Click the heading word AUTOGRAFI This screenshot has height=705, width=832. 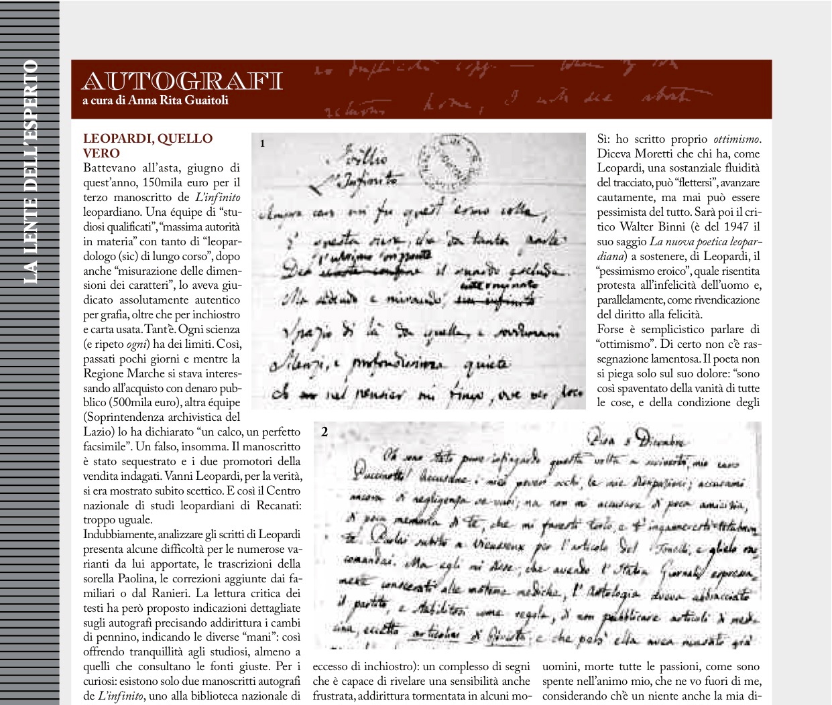point(182,81)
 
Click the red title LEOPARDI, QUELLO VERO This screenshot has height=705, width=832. point(147,145)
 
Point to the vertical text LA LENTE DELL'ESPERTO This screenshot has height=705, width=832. point(30,172)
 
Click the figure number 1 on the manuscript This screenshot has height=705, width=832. point(263,143)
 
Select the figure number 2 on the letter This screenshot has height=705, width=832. point(324,432)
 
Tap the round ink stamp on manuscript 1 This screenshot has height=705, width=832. point(448,161)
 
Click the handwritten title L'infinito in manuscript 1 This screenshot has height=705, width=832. point(367,179)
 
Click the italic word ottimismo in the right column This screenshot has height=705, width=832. point(736,139)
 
